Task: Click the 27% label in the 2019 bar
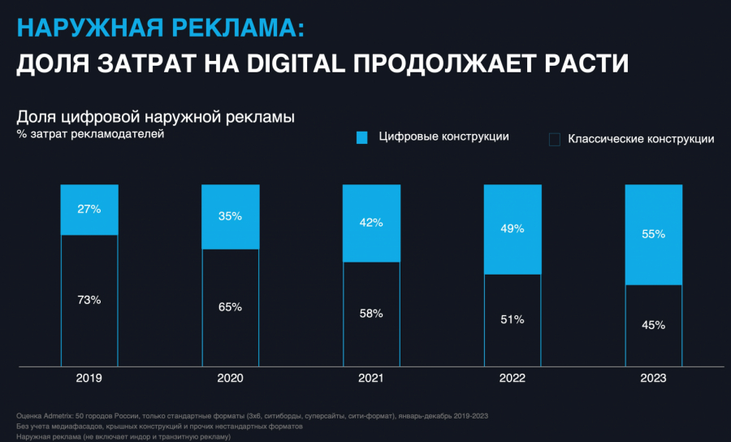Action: pyautogui.click(x=89, y=209)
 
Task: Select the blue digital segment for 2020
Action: pyautogui.click(x=231, y=217)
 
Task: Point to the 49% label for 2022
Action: pyautogui.click(x=513, y=229)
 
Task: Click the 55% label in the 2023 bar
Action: pyautogui.click(x=653, y=234)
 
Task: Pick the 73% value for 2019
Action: pyautogui.click(x=89, y=300)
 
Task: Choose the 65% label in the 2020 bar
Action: pyautogui.click(x=231, y=307)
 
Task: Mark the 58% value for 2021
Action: pyautogui.click(x=371, y=314)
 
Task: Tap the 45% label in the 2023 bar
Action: pyautogui.click(x=653, y=325)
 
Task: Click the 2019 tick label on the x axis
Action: pyautogui.click(x=89, y=379)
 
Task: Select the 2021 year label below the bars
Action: pyautogui.click(x=371, y=379)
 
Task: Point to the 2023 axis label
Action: pyautogui.click(x=653, y=379)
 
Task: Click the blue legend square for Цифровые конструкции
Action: pyautogui.click(x=362, y=137)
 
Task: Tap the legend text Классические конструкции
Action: pyautogui.click(x=641, y=139)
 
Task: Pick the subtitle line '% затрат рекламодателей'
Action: pyautogui.click(x=90, y=133)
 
